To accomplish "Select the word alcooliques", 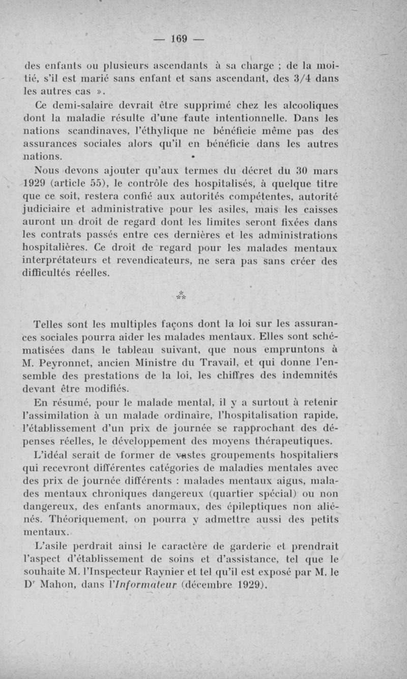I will pos(311,105).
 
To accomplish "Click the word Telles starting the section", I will pos(49,324).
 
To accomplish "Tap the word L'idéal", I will pos(51,455).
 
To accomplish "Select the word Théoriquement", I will pos(85,520).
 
